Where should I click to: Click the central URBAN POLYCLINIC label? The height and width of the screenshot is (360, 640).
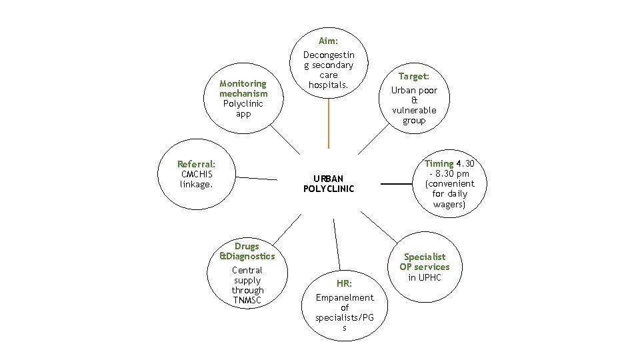(328, 183)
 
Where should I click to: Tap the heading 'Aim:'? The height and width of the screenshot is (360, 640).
(328, 41)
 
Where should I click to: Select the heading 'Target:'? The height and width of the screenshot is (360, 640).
(413, 77)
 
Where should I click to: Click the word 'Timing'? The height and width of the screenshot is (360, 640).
(439, 163)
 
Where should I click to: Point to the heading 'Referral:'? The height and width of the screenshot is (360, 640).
(196, 164)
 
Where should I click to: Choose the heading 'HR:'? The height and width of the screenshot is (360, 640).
(344, 283)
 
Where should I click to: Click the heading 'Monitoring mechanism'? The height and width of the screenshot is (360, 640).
(243, 89)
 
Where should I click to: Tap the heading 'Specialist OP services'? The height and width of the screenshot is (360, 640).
(425, 261)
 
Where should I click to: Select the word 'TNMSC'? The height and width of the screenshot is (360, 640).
(247, 300)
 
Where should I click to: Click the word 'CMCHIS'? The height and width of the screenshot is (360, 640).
(196, 174)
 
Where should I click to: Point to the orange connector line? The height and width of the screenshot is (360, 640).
(328, 120)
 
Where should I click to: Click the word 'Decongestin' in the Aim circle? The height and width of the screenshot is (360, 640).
(328, 55)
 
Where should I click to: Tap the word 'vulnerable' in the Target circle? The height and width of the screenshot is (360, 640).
(413, 110)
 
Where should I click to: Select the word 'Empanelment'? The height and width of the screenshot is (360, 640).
(344, 297)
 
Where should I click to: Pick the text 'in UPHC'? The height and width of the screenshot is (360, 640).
(425, 277)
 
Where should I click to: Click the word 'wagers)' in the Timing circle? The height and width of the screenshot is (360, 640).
(449, 204)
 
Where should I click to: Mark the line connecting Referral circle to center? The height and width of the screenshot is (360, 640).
(257, 178)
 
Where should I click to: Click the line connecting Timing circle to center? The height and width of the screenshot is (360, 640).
(396, 183)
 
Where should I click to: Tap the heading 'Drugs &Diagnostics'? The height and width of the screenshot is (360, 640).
(247, 251)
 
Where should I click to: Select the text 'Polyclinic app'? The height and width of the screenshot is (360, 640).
(243, 109)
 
